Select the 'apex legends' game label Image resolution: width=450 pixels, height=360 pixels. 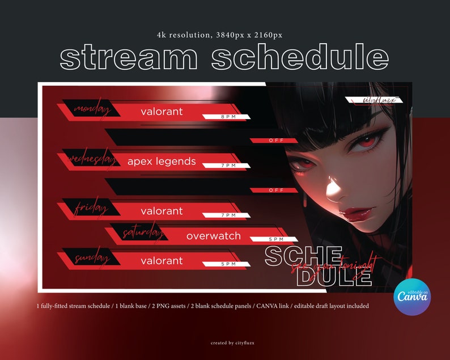tap(162, 162)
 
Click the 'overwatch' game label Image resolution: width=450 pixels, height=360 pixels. tap(214, 236)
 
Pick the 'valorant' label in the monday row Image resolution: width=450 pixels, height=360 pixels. tap(162, 112)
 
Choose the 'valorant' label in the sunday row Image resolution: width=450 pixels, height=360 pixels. tap(162, 261)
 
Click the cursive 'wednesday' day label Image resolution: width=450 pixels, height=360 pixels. tap(92, 160)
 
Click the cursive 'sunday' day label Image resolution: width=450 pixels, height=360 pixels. tap(91, 259)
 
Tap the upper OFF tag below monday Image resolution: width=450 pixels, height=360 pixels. tap(275, 141)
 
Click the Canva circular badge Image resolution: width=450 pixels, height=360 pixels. tap(412, 297)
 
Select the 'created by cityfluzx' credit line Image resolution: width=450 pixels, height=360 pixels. tap(225, 342)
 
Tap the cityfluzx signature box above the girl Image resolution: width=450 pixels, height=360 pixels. tap(374, 101)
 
